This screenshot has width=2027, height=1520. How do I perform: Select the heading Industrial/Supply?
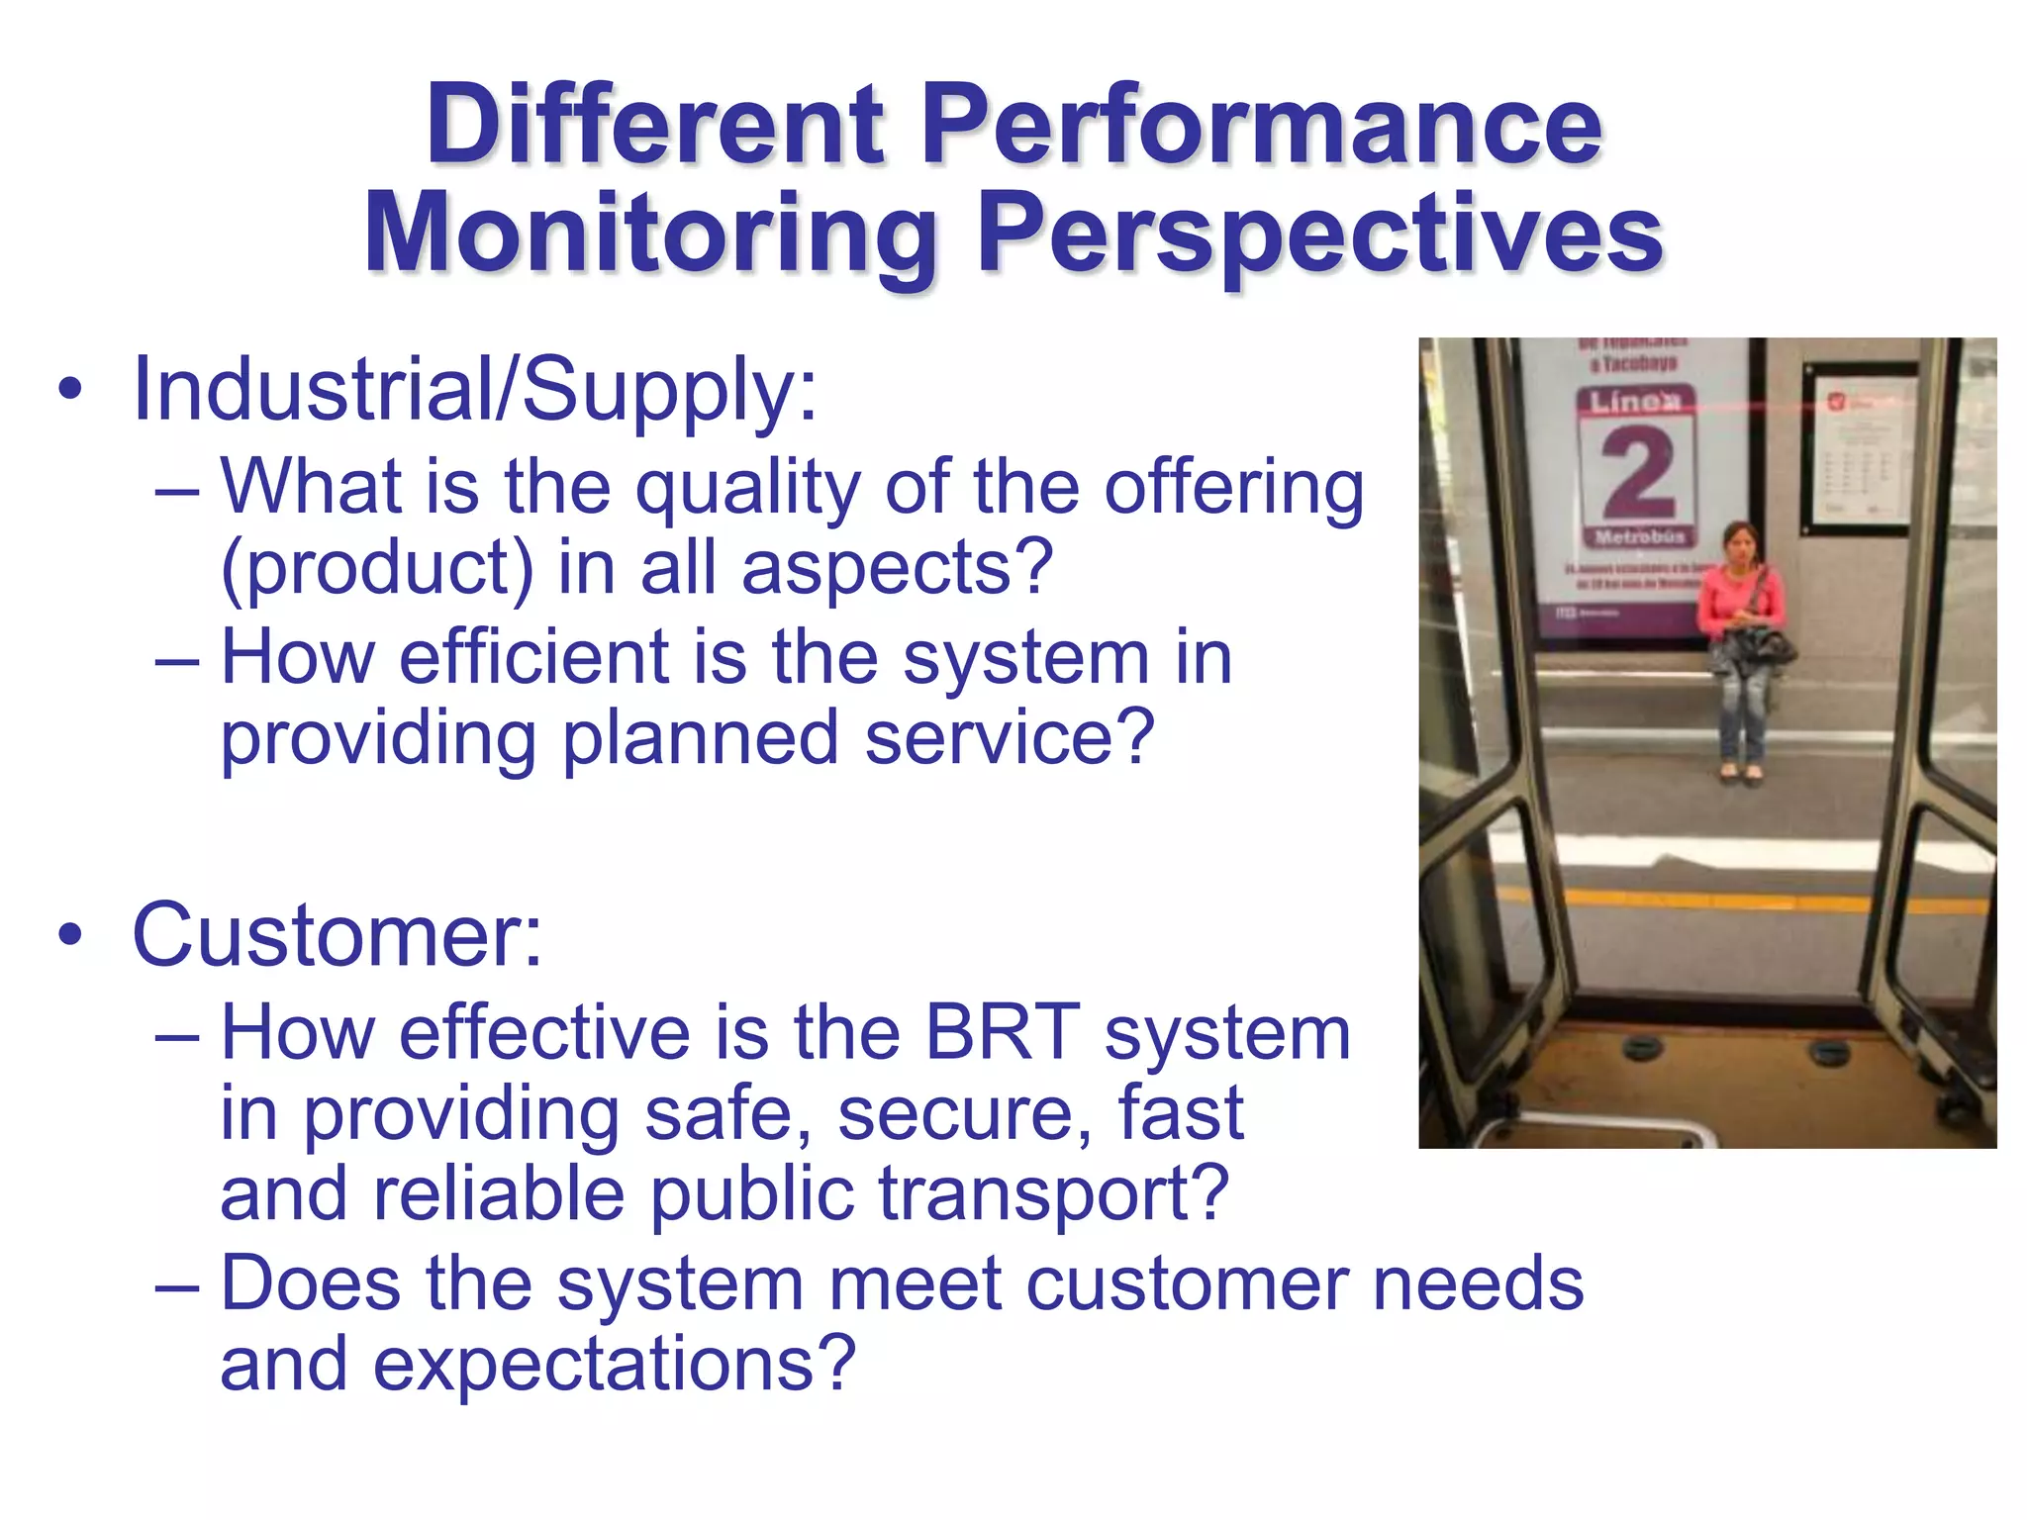[475, 390]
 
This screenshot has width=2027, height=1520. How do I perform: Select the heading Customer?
[338, 935]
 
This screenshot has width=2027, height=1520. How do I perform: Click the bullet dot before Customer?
[69, 934]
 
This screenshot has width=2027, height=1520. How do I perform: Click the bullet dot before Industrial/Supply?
[69, 389]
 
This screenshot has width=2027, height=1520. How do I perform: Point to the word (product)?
[376, 568]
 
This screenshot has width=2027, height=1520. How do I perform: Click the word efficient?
[534, 657]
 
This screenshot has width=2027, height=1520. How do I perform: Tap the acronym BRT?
[1002, 1033]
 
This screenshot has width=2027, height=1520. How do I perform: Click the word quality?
[747, 487]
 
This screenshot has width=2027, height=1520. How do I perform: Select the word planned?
[700, 737]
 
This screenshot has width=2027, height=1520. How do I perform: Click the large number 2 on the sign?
[1638, 474]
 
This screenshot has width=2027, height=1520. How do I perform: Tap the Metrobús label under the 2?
[1639, 537]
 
